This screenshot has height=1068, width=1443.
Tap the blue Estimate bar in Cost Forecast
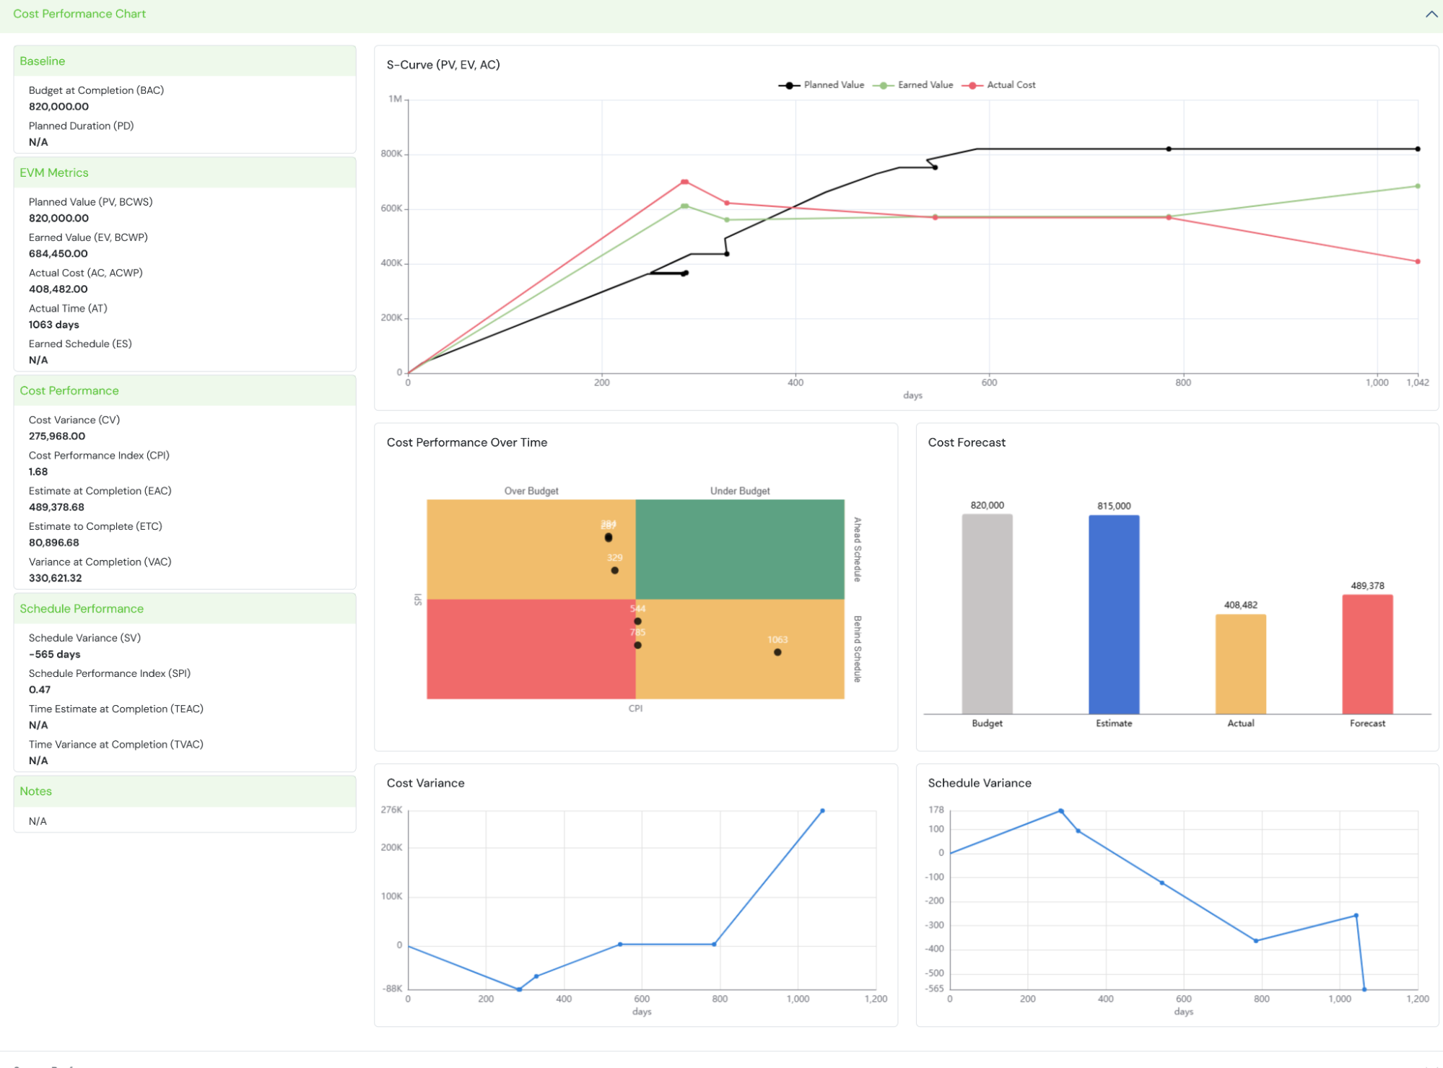tap(1114, 614)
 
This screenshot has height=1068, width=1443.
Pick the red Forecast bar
tap(1367, 654)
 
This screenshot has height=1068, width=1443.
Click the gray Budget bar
tap(987, 614)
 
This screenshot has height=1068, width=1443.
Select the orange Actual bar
tap(1240, 664)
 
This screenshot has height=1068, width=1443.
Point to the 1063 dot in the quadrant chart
tap(777, 652)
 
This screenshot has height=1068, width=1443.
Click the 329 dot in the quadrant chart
tap(614, 570)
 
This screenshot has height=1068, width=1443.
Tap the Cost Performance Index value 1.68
tap(38, 472)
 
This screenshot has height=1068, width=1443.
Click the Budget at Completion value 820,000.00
tap(59, 107)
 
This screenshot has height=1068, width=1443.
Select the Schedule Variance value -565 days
tap(55, 655)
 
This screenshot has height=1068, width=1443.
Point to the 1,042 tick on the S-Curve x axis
tap(1417, 382)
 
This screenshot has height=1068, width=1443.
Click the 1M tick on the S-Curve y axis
tap(395, 100)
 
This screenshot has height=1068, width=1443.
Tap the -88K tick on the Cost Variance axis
tap(392, 989)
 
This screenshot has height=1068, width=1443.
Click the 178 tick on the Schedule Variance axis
tap(936, 810)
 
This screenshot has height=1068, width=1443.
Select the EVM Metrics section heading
tap(54, 173)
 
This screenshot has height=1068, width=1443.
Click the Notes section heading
tap(36, 792)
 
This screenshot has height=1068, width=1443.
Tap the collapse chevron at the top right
tap(1431, 14)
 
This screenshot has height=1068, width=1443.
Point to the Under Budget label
tap(740, 491)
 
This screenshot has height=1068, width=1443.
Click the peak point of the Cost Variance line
tap(822, 811)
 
